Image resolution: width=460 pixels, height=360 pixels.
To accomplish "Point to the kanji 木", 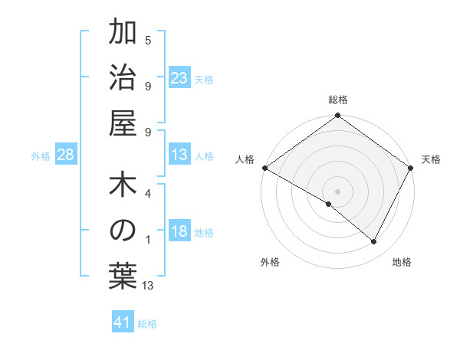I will point(123,186).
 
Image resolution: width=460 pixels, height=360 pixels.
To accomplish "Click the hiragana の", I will point(123,231).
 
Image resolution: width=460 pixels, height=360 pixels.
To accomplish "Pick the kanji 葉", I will point(123,275).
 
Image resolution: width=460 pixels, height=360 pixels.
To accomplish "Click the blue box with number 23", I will point(179,77).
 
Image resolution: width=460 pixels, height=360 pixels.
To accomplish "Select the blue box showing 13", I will point(179,155).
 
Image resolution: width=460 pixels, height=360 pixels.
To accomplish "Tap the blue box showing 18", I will point(179,231).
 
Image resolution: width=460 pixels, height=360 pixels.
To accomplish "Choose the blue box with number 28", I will point(66,155).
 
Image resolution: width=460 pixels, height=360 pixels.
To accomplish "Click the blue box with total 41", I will point(123,322).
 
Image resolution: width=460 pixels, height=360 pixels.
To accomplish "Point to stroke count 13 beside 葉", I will point(148,286).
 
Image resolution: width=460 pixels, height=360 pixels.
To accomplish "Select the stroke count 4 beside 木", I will point(148,195).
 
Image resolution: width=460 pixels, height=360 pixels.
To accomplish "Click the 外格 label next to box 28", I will point(41,156).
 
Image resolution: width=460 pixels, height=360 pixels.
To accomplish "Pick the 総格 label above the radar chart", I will point(337,100).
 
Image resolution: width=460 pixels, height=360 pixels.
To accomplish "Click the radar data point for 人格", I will point(264,168).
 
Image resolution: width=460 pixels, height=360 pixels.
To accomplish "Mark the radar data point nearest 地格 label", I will point(374,242).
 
